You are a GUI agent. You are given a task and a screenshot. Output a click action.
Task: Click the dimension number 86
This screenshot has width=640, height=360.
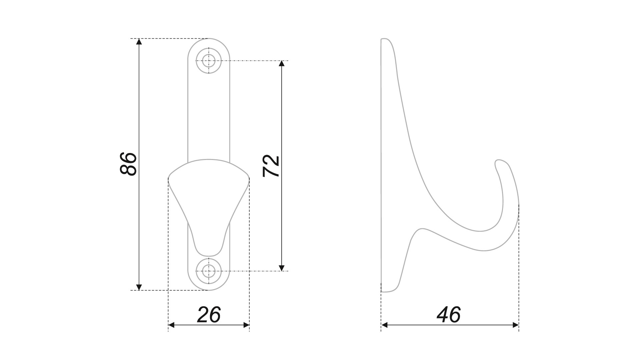point(128,164)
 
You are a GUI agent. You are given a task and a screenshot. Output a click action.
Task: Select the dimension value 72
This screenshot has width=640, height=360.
point(271,166)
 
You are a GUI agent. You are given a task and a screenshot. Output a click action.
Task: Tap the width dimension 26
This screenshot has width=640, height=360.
point(209,315)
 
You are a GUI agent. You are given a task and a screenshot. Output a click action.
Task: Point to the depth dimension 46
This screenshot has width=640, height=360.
point(449,315)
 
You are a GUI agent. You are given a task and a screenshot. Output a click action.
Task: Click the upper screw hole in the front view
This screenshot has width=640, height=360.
point(209,61)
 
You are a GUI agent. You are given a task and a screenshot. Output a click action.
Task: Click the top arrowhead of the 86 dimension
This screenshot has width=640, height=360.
point(139,42)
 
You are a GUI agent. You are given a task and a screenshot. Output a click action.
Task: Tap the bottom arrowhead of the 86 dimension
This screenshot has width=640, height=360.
point(139,287)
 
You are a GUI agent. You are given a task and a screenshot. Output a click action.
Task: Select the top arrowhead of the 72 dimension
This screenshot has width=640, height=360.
point(282,64)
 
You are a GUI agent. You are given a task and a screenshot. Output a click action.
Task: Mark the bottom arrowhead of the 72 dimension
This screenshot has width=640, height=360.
point(282,268)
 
